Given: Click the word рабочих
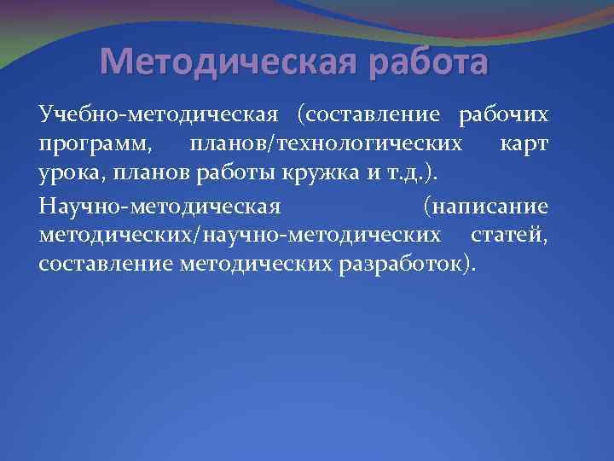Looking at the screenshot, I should pos(504,114).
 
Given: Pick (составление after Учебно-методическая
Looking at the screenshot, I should pos(368,114).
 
